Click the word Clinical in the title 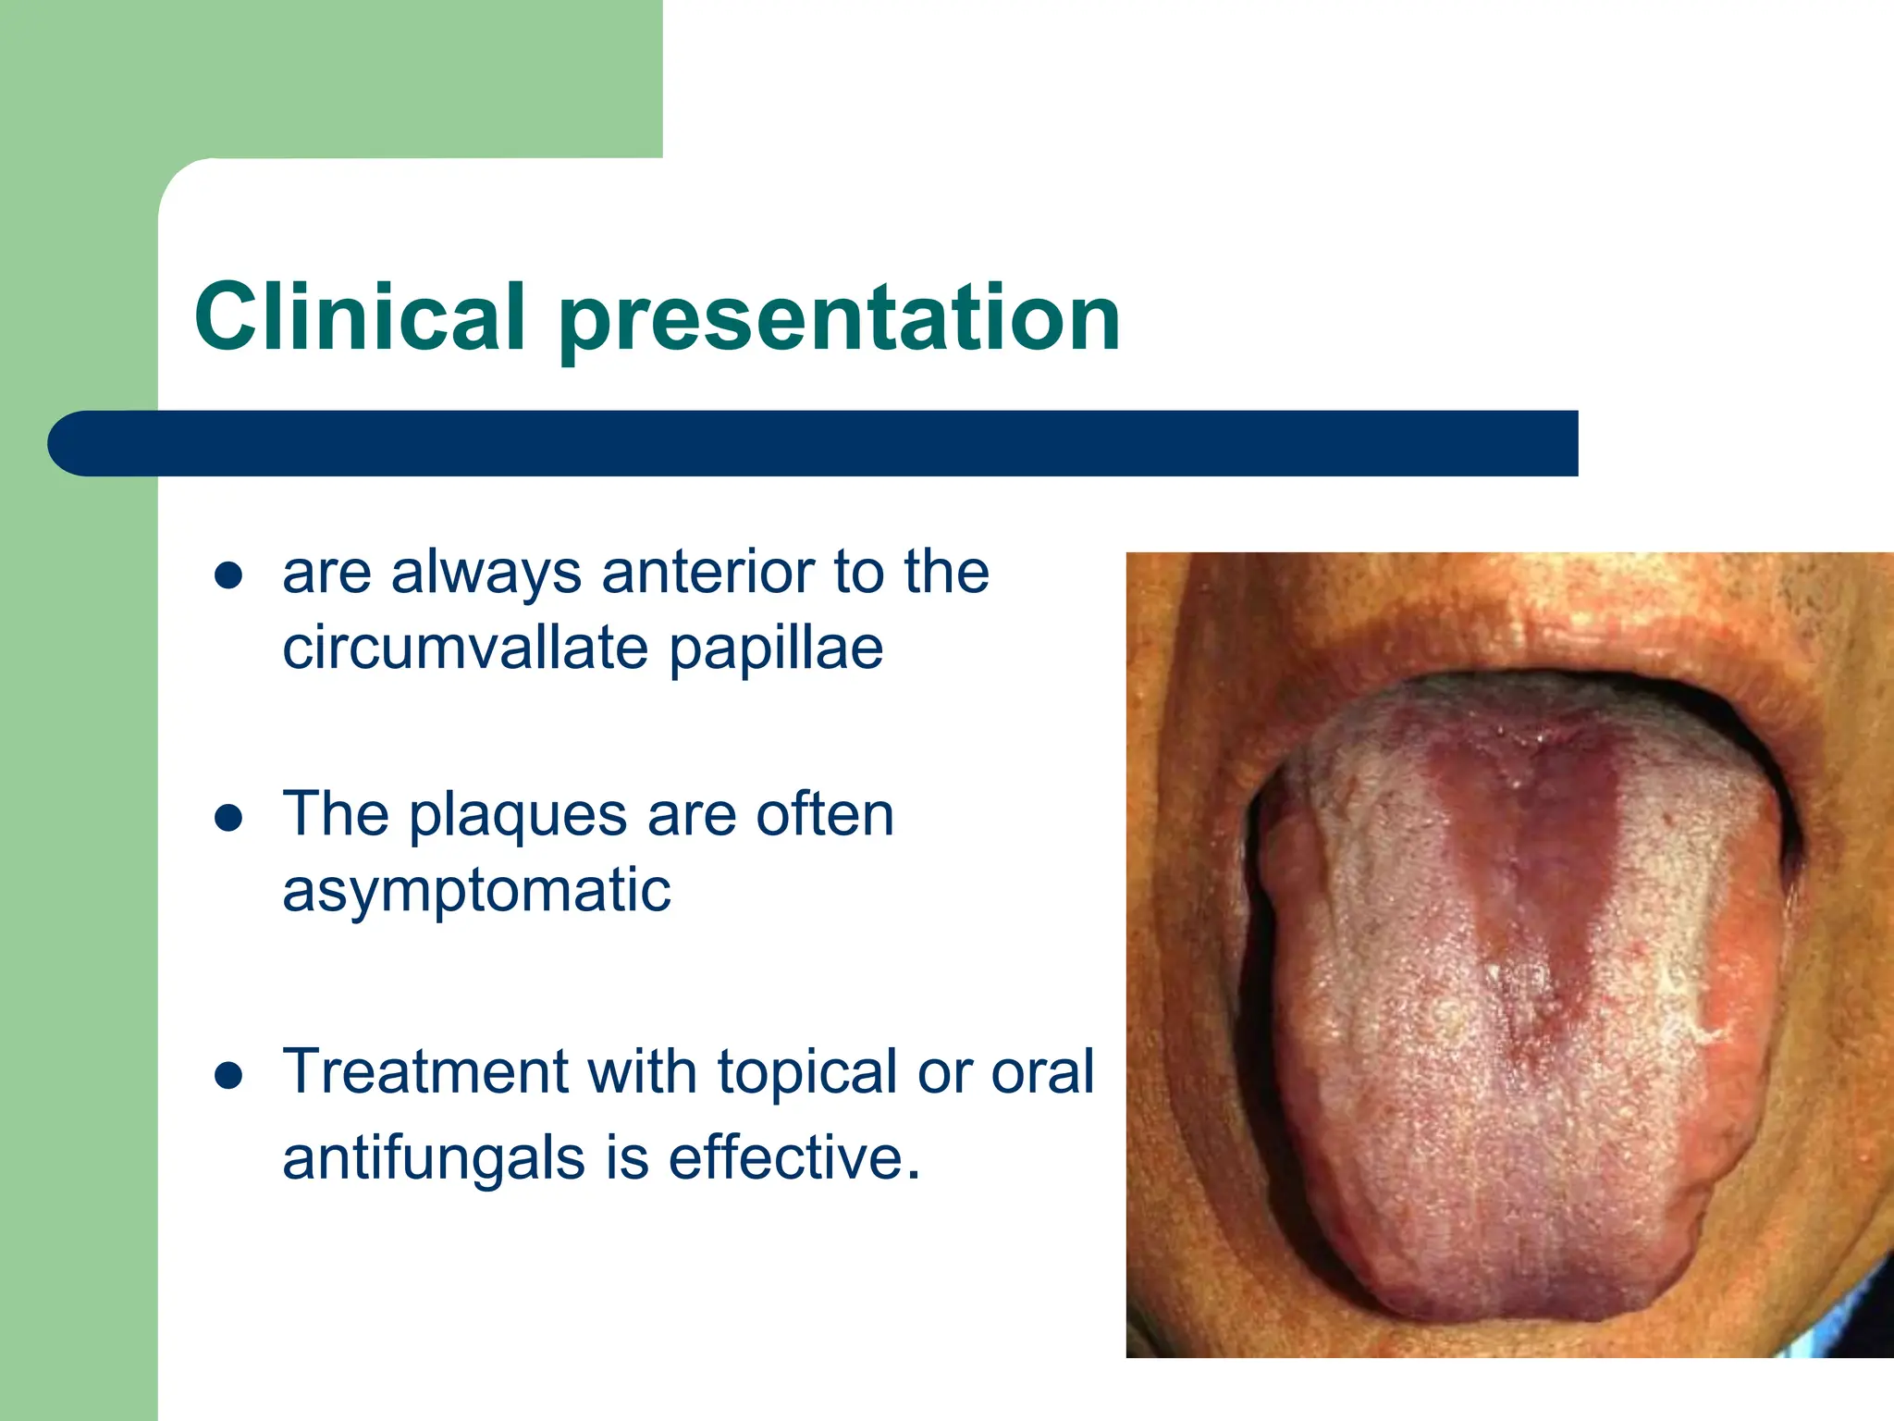(x=360, y=317)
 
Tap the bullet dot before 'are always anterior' (x=228, y=575)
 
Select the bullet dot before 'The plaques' (x=228, y=818)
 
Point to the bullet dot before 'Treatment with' (x=228, y=1076)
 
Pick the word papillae (x=776, y=649)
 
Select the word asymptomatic (x=476, y=892)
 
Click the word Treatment (x=424, y=1071)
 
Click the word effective (x=793, y=1157)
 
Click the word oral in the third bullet (x=1042, y=1072)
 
